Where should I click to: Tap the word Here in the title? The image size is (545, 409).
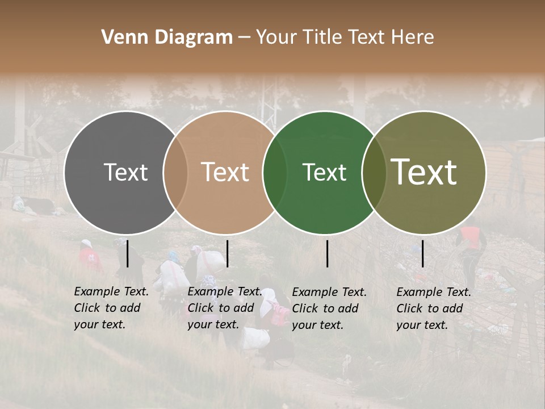[x=414, y=37]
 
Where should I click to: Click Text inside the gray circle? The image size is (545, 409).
[x=126, y=172]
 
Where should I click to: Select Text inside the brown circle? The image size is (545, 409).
[x=225, y=172]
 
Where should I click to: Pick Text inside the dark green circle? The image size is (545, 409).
[x=324, y=172]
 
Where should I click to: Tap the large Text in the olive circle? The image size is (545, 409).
[x=424, y=172]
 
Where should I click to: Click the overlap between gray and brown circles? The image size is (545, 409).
[x=175, y=172]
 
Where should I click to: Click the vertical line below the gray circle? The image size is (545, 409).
[x=127, y=253]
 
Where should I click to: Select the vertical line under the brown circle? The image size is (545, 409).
[x=227, y=253]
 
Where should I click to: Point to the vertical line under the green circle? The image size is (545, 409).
[x=328, y=253]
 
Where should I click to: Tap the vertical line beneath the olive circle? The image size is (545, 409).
[x=423, y=253]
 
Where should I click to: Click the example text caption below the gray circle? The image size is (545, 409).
[x=111, y=308]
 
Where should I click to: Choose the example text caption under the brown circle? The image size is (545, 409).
[x=225, y=308]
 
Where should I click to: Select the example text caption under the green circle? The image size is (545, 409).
[x=329, y=308]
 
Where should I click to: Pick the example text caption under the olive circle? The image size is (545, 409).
[x=434, y=308]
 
